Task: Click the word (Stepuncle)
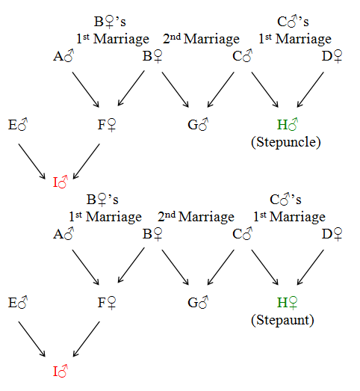click(x=286, y=142)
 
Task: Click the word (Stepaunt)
click(x=282, y=320)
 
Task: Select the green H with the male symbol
click(x=288, y=124)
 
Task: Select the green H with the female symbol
click(x=288, y=303)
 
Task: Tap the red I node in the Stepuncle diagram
click(x=60, y=182)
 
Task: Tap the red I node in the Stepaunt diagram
click(x=60, y=371)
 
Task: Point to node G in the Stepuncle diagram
click(x=198, y=124)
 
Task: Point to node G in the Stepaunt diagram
click(x=198, y=303)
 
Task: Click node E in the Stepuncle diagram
click(x=18, y=124)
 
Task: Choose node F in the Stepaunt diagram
click(x=107, y=303)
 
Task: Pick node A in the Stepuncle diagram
click(x=63, y=56)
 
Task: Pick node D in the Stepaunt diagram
click(x=332, y=234)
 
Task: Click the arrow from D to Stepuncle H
click(x=311, y=90)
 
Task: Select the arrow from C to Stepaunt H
click(x=265, y=268)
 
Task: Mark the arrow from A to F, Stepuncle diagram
click(x=86, y=90)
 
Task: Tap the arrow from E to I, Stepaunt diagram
click(x=32, y=339)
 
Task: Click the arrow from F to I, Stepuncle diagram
click(x=86, y=161)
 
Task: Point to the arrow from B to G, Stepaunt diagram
click(x=176, y=268)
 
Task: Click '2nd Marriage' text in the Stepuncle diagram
click(x=202, y=39)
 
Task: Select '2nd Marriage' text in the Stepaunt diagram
click(x=196, y=217)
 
